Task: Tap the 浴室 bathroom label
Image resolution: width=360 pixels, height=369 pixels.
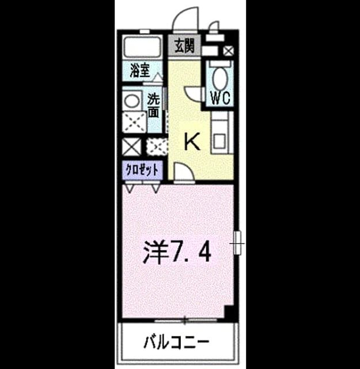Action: [x=140, y=70]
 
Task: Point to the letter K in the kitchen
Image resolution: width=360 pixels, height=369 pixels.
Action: [x=192, y=141]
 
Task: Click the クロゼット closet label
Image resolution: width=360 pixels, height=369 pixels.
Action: [x=142, y=170]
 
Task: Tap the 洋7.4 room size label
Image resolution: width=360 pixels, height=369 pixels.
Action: [x=177, y=251]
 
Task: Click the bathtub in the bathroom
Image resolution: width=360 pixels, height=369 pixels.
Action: [x=142, y=47]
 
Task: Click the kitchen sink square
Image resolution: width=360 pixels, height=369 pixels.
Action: [x=219, y=141]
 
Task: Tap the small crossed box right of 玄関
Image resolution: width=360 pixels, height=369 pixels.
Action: [x=228, y=51]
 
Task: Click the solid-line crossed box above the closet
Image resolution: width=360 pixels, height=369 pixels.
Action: [x=132, y=147]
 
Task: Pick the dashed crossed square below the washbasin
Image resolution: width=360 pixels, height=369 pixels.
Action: [x=135, y=122]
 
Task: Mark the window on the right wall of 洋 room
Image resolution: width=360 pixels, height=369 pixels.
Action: [x=237, y=243]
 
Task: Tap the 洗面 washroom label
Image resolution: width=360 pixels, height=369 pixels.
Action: [x=153, y=106]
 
